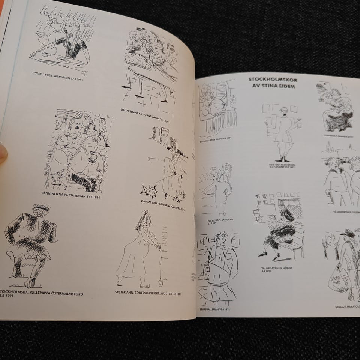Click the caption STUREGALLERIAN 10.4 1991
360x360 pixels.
(214, 309)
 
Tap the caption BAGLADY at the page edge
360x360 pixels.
(347, 306)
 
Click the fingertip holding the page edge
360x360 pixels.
(3, 154)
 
